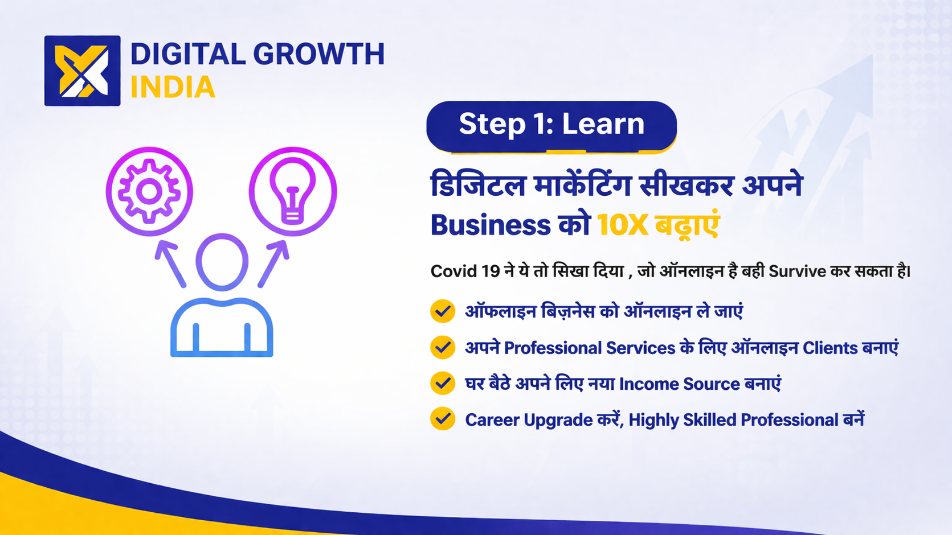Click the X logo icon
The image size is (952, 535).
(82, 71)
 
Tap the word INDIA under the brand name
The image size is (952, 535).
(173, 87)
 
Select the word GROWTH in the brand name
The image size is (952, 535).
(318, 54)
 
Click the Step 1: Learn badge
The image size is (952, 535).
(551, 126)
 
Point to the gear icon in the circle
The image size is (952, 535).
(149, 191)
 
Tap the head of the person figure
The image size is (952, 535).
(222, 262)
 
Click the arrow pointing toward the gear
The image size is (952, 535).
(170, 264)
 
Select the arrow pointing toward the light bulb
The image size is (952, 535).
(273, 264)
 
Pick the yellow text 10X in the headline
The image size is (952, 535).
(623, 225)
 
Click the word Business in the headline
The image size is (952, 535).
(491, 225)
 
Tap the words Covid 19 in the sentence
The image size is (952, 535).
(465, 271)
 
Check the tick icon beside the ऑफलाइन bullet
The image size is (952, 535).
(443, 311)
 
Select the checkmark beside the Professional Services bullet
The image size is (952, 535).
(443, 347)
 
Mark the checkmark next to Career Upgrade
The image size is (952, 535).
(443, 419)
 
